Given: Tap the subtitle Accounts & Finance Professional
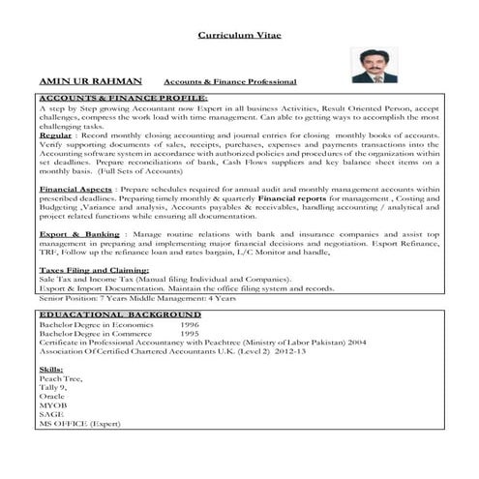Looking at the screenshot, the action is pos(230,83).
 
